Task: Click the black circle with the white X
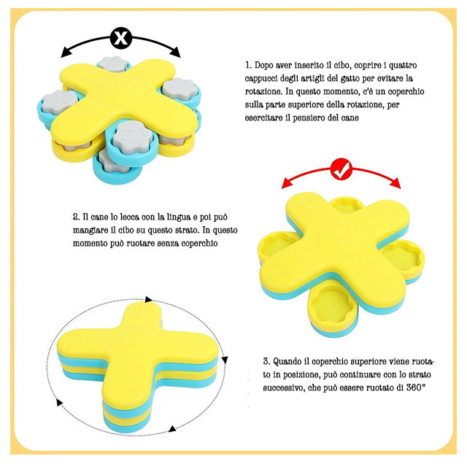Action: coord(120,38)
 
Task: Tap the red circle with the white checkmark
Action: coord(341,169)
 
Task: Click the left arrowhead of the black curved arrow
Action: coord(65,53)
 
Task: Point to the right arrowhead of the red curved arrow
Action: coord(395,183)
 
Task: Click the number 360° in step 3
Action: coord(416,387)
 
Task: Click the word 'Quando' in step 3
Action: coord(287,362)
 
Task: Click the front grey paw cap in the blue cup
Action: coord(133,137)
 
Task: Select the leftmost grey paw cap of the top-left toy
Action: coord(60,101)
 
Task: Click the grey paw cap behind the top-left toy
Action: coord(112,63)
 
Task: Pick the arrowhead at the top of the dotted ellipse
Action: coord(149,299)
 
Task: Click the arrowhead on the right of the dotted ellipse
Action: coord(225,360)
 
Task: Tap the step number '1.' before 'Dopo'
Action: coord(248,65)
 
